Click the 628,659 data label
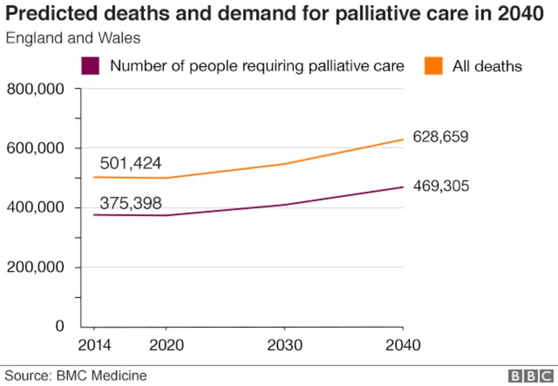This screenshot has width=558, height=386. pos(440,137)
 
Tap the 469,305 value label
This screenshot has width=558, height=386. pos(441,186)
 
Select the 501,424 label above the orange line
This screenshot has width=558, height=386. pos(130,164)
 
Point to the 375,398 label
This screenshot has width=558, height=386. pos(130,203)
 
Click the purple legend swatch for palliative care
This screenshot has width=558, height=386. pos(90,66)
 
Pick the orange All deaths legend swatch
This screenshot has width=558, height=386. pos(433,66)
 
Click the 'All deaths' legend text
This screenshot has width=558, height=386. pos(487,66)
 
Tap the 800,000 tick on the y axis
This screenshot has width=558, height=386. pos(35,89)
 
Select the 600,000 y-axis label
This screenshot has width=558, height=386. pos(35,149)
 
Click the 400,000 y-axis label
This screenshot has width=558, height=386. pos(35,208)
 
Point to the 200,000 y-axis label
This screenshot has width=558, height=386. pos(35,267)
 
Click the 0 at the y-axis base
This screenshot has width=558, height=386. pos(59,326)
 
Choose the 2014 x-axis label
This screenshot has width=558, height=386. pos(94,345)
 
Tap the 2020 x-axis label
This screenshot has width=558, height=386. pos(166,345)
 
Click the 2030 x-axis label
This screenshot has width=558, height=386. pos(284,345)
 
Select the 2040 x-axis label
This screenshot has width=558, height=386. pos(403,345)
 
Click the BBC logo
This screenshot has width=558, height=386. pos(531,376)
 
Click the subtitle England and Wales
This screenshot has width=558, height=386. pos(73,39)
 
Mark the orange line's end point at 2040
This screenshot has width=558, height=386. pos(403,139)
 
